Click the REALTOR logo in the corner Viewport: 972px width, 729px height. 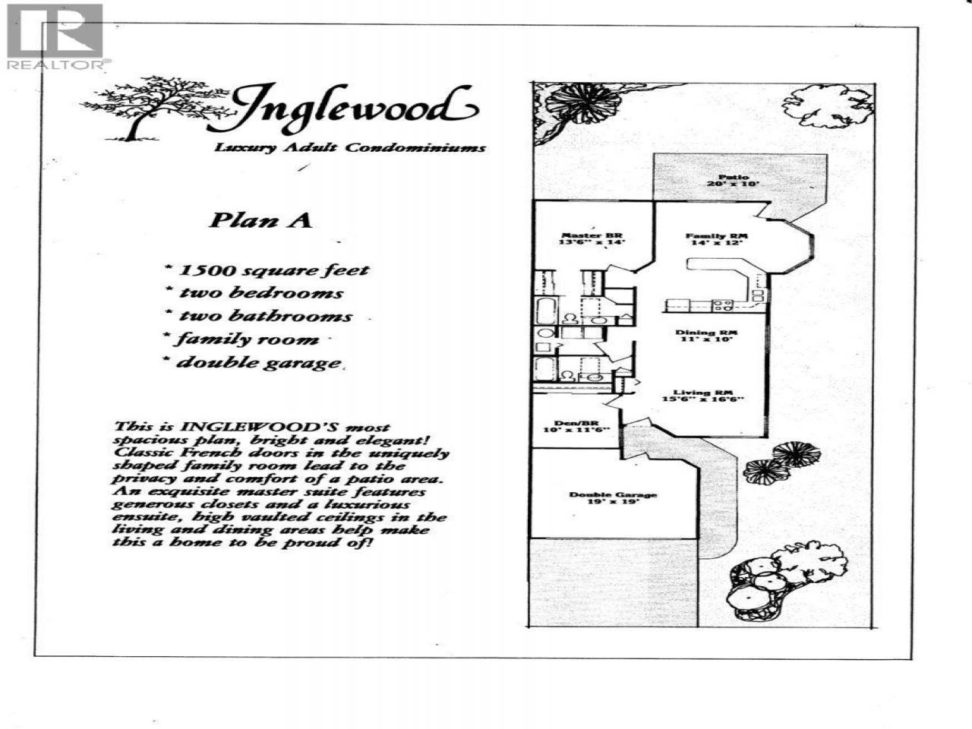[55, 36]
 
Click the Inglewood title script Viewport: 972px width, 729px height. [353, 107]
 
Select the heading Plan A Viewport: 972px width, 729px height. [260, 220]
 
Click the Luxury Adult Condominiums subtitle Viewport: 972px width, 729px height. [349, 147]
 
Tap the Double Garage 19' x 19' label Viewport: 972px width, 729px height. [613, 499]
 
